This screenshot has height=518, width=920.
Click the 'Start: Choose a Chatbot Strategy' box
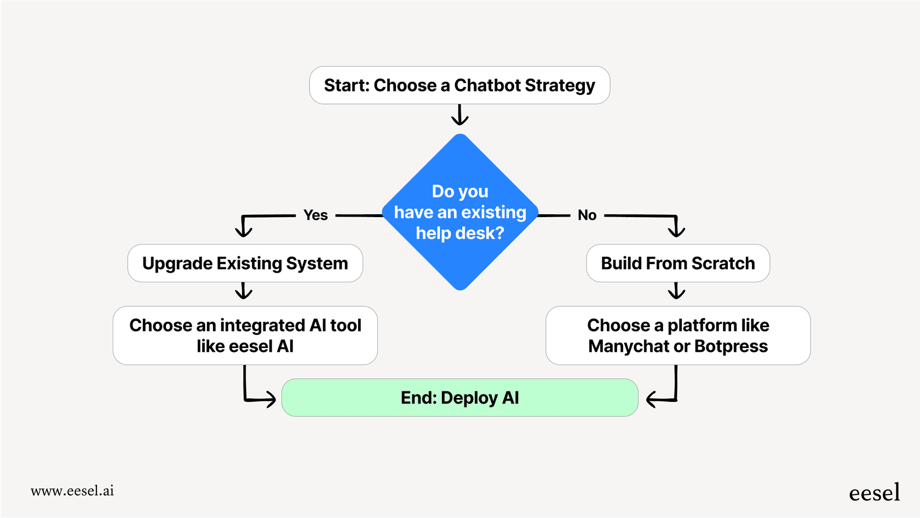click(459, 86)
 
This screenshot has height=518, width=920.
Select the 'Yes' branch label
click(315, 215)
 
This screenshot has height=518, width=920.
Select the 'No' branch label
click(587, 215)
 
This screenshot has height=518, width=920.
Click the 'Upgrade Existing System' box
click(245, 264)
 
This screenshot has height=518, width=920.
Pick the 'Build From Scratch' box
click(678, 264)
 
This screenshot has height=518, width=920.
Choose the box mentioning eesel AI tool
click(245, 335)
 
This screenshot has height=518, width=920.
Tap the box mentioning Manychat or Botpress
click(678, 335)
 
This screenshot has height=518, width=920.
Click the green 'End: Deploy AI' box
click(459, 398)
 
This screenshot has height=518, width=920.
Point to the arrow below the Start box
click(459, 115)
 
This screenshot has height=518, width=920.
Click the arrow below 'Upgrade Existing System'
click(244, 291)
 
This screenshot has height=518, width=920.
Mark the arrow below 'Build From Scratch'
click(677, 291)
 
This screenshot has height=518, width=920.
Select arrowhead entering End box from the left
click(269, 399)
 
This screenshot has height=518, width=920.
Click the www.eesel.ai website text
click(72, 491)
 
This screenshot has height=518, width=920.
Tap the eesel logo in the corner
click(874, 493)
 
